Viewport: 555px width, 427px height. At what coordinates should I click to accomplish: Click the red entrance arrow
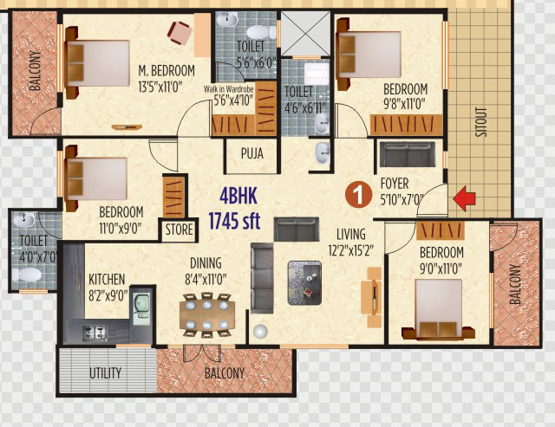(x=465, y=199)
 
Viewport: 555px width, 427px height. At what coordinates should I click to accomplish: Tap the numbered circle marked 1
(x=358, y=194)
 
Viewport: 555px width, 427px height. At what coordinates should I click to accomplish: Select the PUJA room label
(x=252, y=153)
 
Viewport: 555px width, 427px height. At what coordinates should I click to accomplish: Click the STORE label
(x=180, y=230)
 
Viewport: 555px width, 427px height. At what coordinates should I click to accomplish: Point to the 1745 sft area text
(x=234, y=221)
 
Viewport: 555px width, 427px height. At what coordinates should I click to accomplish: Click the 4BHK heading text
(x=238, y=196)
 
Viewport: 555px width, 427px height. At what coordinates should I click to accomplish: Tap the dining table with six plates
(x=207, y=314)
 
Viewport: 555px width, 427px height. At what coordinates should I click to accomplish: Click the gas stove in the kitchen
(x=95, y=333)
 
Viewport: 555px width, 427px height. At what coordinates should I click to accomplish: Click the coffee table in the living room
(x=304, y=282)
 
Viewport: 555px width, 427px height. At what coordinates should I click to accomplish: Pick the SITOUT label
(x=481, y=122)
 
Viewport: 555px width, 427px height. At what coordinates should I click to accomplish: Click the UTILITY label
(x=105, y=373)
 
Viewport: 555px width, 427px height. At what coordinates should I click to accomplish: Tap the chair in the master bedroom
(x=180, y=33)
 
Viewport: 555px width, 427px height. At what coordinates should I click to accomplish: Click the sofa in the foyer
(x=408, y=154)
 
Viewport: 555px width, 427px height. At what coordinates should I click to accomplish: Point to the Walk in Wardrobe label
(x=228, y=88)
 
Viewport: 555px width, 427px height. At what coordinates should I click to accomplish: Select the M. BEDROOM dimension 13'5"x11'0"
(x=160, y=87)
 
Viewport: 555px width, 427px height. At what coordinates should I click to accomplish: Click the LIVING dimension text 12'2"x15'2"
(x=350, y=250)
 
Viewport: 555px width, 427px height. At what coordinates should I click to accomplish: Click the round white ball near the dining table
(x=260, y=331)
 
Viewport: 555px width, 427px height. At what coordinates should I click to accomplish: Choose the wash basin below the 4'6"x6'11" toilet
(x=322, y=152)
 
